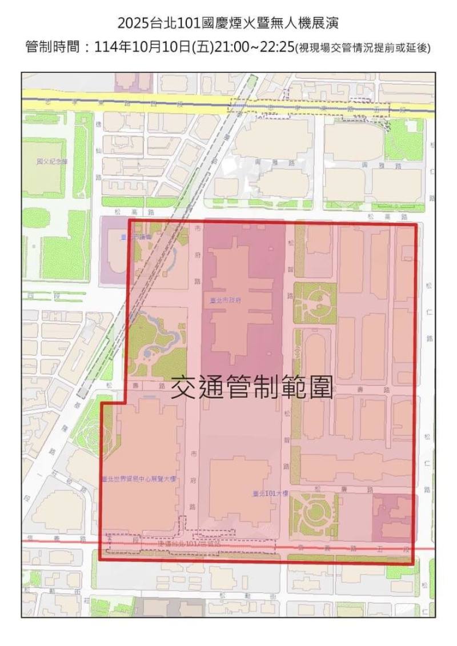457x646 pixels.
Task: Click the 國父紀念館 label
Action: point(52,162)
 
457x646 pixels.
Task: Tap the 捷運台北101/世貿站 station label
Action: point(189,545)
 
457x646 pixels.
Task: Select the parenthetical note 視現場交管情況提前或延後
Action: point(362,48)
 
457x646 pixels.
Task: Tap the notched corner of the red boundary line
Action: point(124,402)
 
